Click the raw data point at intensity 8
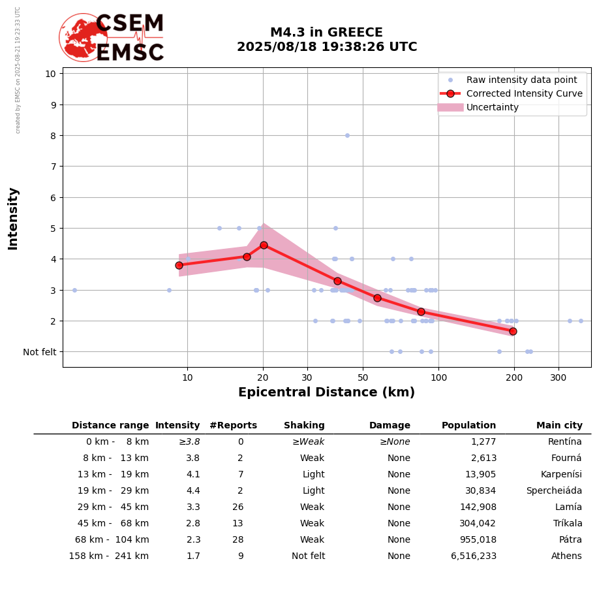click(x=347, y=135)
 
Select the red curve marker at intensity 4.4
click(x=264, y=245)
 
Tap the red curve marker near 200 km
click(x=513, y=331)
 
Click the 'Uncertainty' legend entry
click(x=493, y=107)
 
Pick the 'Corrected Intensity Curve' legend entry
click(x=524, y=93)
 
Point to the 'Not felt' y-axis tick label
click(x=40, y=352)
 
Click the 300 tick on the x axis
click(x=559, y=378)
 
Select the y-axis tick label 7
click(x=51, y=167)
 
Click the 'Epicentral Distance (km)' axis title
click(x=326, y=392)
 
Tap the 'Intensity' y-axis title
click(x=13, y=218)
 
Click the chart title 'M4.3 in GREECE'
click(x=326, y=33)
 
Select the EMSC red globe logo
click(x=83, y=37)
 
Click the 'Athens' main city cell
click(x=567, y=556)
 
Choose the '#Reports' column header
click(x=233, y=426)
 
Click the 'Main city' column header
click(x=559, y=426)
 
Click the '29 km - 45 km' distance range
click(x=109, y=507)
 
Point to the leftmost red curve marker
click(x=179, y=265)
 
